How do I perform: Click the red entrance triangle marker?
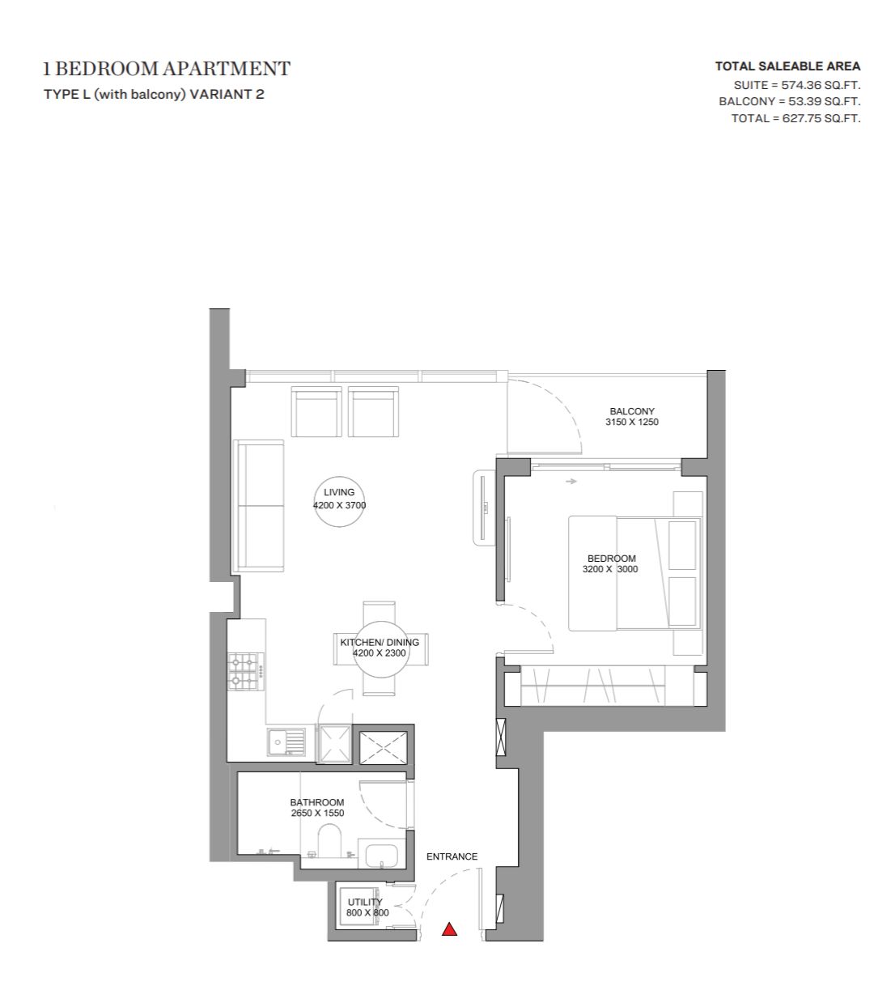pyautogui.click(x=449, y=929)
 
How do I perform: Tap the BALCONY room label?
pyautogui.click(x=631, y=411)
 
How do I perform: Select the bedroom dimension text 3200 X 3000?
pyautogui.click(x=609, y=569)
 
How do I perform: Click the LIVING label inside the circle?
pyautogui.click(x=339, y=492)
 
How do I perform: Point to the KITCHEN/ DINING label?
pyautogui.click(x=380, y=642)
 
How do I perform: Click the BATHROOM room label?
pyautogui.click(x=317, y=802)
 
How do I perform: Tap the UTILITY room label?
pyautogui.click(x=365, y=902)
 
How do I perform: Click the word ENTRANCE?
pyautogui.click(x=452, y=856)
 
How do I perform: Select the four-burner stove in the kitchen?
pyautogui.click(x=246, y=672)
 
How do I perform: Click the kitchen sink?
pyautogui.click(x=286, y=742)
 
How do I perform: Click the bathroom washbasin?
pyautogui.click(x=382, y=856)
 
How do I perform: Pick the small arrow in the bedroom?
pyautogui.click(x=571, y=481)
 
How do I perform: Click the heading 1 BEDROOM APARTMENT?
pyautogui.click(x=167, y=69)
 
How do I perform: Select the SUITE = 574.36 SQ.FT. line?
pyautogui.click(x=797, y=85)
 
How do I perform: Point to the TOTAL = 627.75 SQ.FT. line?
pyautogui.click(x=796, y=118)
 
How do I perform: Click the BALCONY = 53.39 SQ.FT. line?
pyautogui.click(x=790, y=101)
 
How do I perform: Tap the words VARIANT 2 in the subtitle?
pyautogui.click(x=227, y=94)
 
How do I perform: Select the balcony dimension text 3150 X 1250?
pyautogui.click(x=631, y=422)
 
